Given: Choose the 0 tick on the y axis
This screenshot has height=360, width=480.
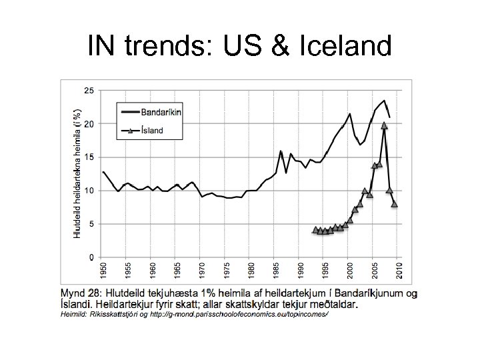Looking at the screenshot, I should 91,257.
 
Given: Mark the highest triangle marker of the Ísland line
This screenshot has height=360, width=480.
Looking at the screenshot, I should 384,125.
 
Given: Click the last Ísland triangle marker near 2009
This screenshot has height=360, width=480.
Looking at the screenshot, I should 394,204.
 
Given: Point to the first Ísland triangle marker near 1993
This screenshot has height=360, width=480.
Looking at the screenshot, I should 315,229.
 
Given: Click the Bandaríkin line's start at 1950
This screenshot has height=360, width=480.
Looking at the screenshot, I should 103,172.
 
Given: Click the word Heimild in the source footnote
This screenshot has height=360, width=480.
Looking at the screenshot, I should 75,314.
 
